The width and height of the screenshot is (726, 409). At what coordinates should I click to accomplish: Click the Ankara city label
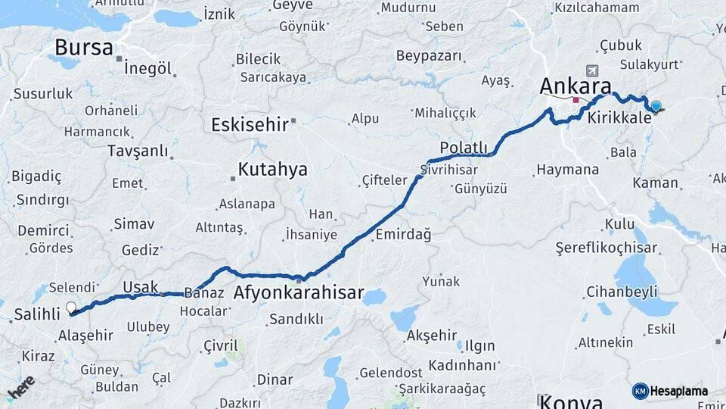click(575, 85)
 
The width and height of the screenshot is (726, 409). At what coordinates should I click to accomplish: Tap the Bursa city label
click(83, 47)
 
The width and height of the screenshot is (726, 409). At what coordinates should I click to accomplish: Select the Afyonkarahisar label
click(299, 292)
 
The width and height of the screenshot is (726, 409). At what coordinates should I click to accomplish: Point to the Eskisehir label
click(250, 124)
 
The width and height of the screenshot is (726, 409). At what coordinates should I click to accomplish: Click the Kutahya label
click(272, 170)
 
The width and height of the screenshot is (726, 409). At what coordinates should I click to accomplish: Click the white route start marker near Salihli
click(71, 308)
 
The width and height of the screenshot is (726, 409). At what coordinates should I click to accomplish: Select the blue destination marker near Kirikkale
click(655, 107)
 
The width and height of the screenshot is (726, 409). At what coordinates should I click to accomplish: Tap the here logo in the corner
click(20, 388)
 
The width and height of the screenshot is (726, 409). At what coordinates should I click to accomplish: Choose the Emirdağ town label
click(402, 235)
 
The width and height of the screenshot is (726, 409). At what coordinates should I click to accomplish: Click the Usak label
click(141, 286)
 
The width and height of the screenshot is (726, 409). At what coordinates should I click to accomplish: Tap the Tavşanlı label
click(138, 151)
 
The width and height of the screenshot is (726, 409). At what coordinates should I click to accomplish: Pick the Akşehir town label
click(432, 335)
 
